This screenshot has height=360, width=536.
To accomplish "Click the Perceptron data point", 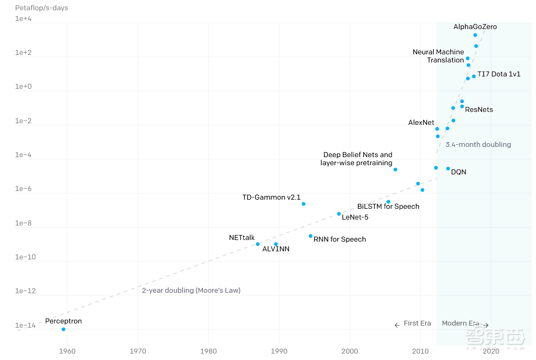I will [64, 329].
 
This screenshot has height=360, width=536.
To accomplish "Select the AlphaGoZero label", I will [475, 26].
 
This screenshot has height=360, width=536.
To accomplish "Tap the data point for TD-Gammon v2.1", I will [304, 204].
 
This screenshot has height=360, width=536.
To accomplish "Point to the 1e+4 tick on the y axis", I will [23, 19].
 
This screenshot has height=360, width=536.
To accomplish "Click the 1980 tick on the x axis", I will [209, 351].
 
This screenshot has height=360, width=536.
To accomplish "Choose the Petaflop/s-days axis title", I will [41, 8].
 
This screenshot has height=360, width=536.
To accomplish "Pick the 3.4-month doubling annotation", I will [478, 144].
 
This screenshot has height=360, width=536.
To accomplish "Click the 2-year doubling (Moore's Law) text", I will [191, 291].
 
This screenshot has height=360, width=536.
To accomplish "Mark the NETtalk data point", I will [258, 244].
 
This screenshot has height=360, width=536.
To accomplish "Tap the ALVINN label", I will [276, 249].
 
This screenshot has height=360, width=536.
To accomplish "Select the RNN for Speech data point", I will [311, 236].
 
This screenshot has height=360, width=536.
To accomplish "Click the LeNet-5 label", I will [355, 217].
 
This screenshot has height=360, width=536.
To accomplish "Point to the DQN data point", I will [448, 169].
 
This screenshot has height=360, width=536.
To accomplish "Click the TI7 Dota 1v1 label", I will [499, 74].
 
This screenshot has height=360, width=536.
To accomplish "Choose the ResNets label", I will [479, 110].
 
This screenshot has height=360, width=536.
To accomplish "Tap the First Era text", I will [417, 323].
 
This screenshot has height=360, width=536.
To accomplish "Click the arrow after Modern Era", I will [485, 325].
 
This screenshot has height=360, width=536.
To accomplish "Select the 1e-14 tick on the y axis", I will [25, 326].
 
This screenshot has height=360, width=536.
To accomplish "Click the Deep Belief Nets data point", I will [395, 170].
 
